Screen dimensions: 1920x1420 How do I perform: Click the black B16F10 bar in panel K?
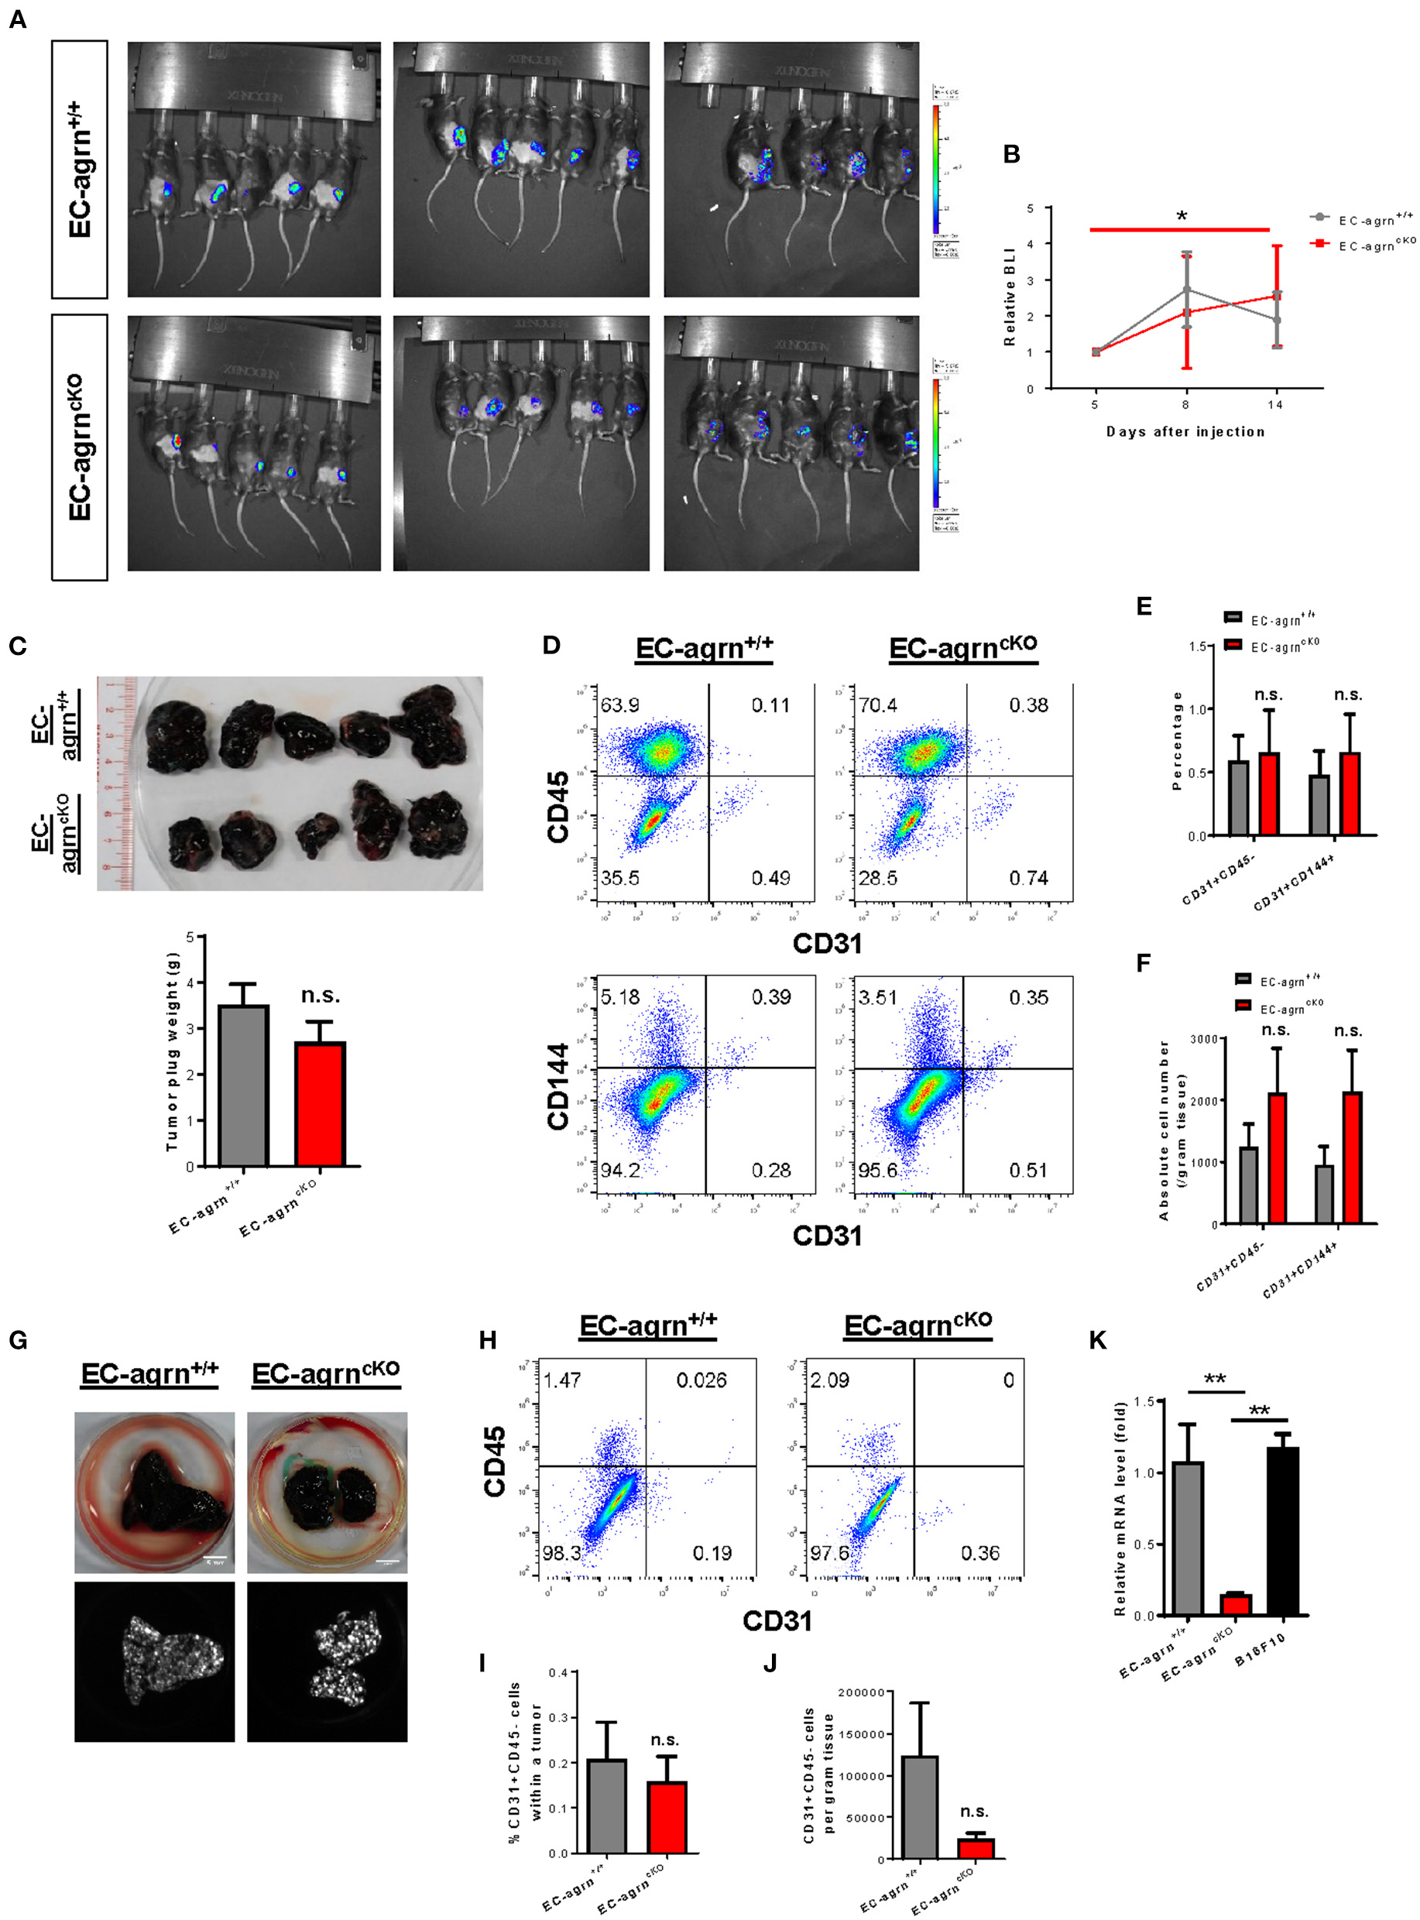[x=1281, y=1531]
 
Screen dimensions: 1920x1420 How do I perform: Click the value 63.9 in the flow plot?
[x=619, y=705]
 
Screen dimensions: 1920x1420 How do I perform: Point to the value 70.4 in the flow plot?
[x=876, y=705]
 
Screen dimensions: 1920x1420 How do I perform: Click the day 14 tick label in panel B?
[x=1274, y=405]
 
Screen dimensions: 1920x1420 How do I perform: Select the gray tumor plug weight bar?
[x=243, y=1085]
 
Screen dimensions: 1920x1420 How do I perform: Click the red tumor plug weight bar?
[x=320, y=1104]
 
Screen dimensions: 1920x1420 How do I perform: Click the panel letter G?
[x=17, y=1340]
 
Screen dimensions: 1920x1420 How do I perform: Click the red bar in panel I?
[x=667, y=1817]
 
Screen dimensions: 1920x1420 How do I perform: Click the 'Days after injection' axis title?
[x=1185, y=431]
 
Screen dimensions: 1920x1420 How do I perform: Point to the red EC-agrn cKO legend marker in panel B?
[x=1319, y=244]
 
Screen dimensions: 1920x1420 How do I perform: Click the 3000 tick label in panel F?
[x=1202, y=1039]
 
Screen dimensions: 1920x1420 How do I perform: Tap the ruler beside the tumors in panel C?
[x=117, y=783]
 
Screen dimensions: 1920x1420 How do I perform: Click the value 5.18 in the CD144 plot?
[x=619, y=998]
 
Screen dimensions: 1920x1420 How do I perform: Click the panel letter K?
[x=1098, y=1340]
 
